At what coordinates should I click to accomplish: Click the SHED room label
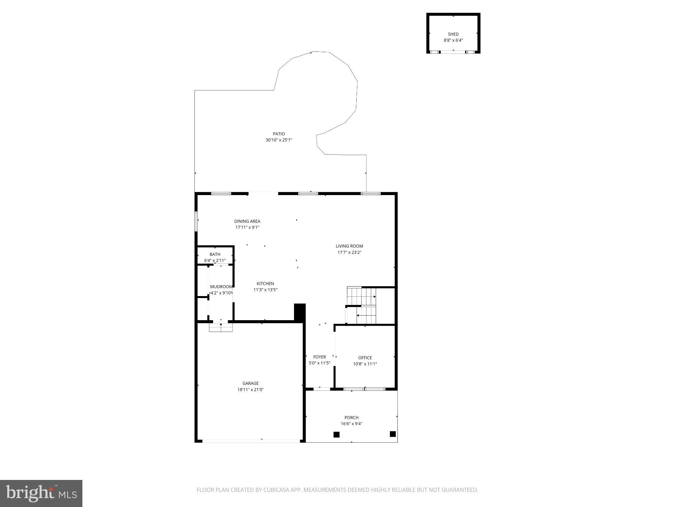point(453,34)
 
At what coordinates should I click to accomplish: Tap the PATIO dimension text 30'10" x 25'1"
point(279,140)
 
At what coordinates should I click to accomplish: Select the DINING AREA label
point(247,221)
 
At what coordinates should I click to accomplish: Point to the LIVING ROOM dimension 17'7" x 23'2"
point(349,253)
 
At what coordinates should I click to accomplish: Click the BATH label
point(215,254)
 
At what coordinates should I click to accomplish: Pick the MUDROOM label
point(221,287)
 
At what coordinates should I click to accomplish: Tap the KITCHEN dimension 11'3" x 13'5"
point(265,290)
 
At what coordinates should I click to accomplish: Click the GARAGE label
point(250,383)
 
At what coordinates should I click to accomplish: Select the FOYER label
point(319,357)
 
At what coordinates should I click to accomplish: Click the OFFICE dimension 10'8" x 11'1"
point(365,364)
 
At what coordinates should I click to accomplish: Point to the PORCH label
point(351,418)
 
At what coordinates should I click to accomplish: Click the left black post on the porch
point(336,434)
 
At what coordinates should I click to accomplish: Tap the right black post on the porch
point(393,434)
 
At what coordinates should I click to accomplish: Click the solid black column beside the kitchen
point(300,312)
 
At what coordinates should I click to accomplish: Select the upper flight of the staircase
point(362,296)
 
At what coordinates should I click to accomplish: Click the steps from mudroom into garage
point(221,327)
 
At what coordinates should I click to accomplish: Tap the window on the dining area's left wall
point(196,221)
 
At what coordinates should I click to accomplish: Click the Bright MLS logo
point(41,493)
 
